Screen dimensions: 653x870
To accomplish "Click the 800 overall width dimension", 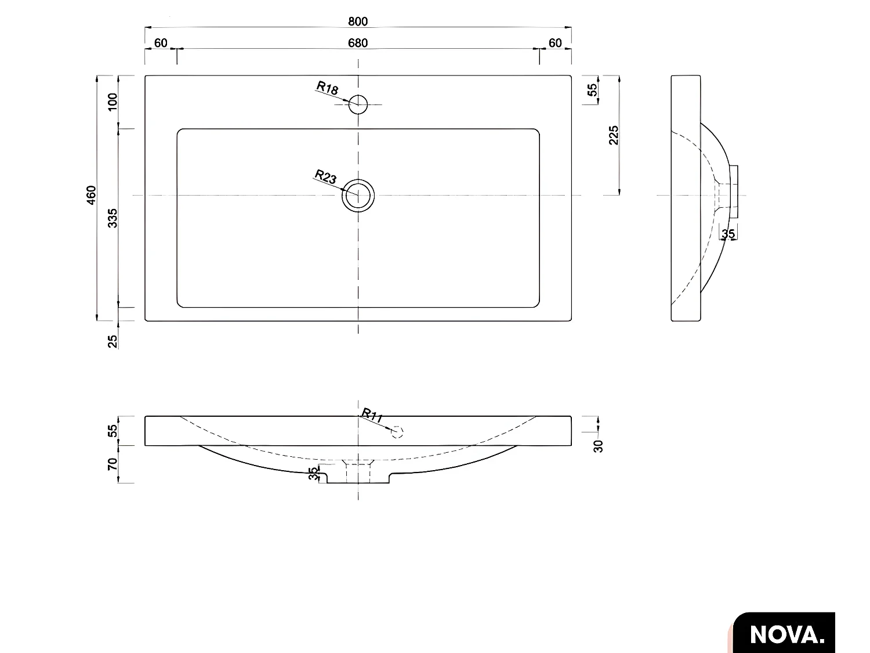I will click(358, 21).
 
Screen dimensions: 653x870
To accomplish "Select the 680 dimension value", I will click(358, 43).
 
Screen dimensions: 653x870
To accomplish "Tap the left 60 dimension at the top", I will click(161, 43).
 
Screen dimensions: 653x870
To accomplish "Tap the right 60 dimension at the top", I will click(555, 43).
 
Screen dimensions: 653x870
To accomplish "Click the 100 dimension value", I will click(113, 102).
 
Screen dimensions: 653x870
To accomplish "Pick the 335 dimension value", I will click(113, 218).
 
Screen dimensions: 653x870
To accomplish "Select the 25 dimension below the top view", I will click(113, 341).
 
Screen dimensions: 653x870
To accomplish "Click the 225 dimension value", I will click(614, 135).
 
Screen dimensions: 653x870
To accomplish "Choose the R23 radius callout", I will click(325, 176).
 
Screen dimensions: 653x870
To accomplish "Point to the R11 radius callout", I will click(372, 416).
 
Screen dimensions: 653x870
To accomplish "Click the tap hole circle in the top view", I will click(358, 104).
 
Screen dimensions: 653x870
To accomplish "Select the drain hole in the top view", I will click(358, 196).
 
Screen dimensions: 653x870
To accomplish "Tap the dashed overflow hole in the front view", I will click(397, 432).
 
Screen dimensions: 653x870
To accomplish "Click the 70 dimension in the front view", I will click(113, 464).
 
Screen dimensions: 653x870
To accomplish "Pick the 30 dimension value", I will click(599, 446).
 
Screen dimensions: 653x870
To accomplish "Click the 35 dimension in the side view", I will click(728, 234).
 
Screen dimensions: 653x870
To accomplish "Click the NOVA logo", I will click(786, 634).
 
